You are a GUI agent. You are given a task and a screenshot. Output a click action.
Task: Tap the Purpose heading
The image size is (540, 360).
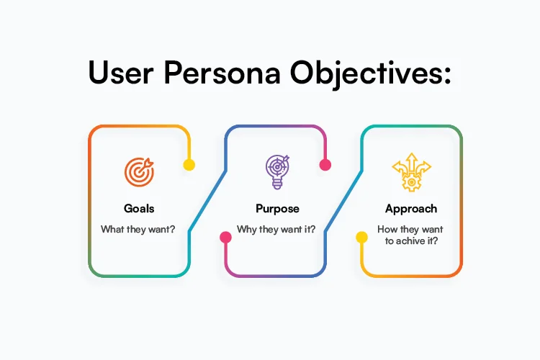pyautogui.click(x=277, y=209)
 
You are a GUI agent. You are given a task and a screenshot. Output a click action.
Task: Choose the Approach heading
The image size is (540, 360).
pyautogui.click(x=411, y=209)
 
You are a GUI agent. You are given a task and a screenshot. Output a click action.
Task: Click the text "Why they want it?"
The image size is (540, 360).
pyautogui.click(x=277, y=230)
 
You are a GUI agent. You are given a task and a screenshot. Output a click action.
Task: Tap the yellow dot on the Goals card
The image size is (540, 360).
pyautogui.click(x=189, y=165)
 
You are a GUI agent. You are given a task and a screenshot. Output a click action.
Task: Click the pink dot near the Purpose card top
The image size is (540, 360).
pyautogui.click(x=325, y=165)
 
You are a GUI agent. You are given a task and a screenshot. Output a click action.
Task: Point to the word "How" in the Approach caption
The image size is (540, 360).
pyautogui.click(x=387, y=230)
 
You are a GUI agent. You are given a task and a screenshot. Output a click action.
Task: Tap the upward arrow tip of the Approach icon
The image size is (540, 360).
pyautogui.click(x=411, y=154)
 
